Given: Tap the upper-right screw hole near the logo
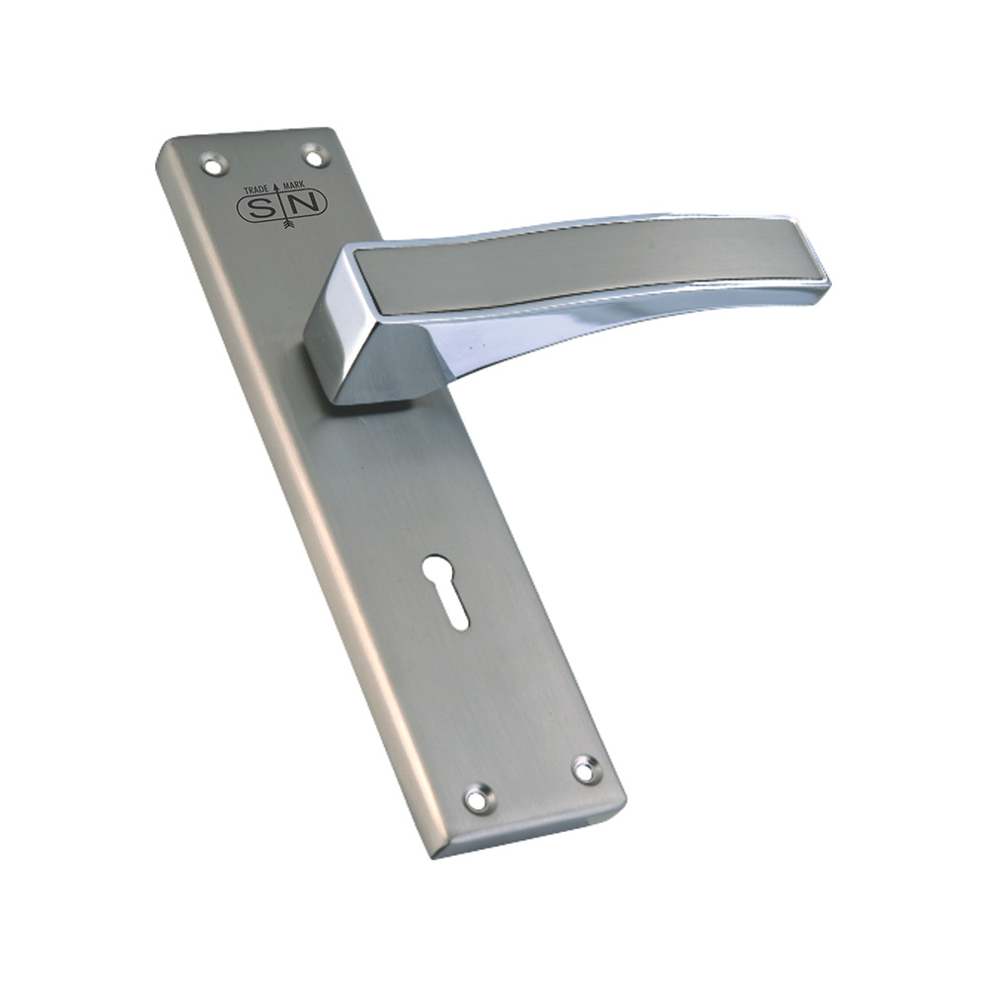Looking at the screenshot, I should [314, 154].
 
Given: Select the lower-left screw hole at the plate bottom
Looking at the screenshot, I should [478, 797].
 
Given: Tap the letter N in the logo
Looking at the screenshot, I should [306, 202].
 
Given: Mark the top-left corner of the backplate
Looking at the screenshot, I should [163, 146].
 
